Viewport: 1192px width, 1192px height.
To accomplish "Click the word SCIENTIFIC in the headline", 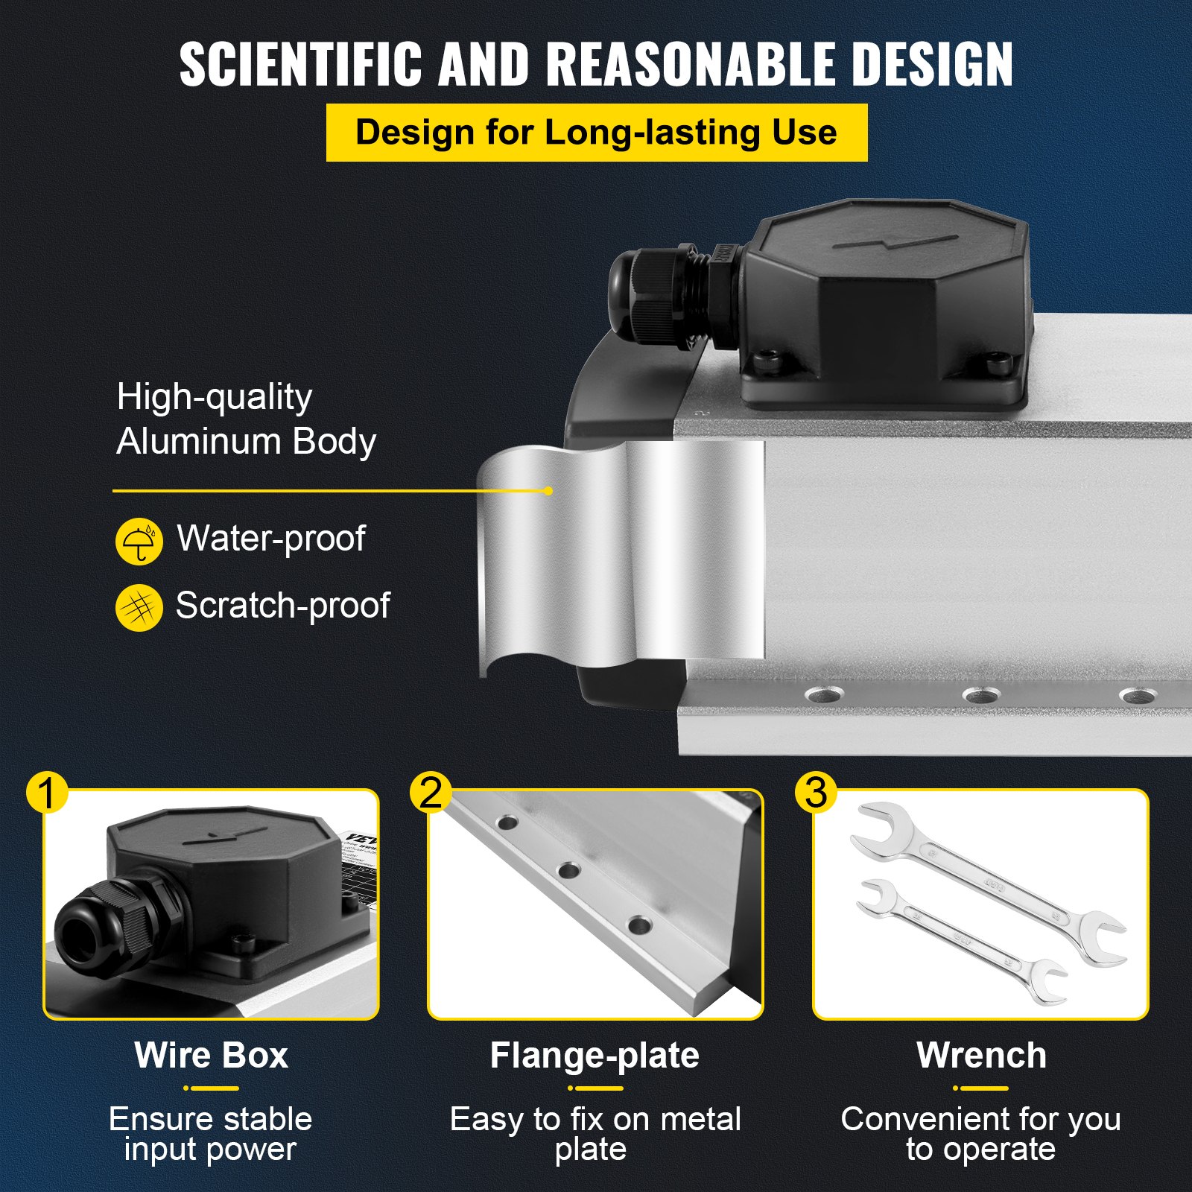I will (302, 64).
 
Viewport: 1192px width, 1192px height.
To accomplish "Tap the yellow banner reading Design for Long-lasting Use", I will (596, 133).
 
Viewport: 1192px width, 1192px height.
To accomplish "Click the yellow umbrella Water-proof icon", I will (139, 542).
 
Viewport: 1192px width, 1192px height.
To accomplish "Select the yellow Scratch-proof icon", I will (139, 608).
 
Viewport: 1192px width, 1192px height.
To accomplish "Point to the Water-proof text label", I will (271, 539).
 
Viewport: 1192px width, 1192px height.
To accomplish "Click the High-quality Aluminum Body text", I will (246, 419).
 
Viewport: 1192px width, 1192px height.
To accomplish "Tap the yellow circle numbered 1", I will (47, 793).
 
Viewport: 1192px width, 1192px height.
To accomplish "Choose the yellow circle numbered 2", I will (431, 793).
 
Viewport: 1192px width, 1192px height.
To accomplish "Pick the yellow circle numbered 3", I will (816, 793).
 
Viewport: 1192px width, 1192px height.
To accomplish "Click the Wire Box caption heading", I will (212, 1056).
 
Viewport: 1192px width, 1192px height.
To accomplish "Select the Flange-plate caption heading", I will (595, 1056).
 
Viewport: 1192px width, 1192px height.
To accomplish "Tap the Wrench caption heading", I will (981, 1056).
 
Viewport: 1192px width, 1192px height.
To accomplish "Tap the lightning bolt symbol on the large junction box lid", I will (894, 243).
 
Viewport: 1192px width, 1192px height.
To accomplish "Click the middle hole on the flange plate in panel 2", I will (569, 870).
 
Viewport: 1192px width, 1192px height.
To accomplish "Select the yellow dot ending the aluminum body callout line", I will (548, 491).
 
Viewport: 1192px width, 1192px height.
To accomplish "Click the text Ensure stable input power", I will (210, 1134).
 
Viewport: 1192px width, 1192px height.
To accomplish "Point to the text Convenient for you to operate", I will (980, 1134).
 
